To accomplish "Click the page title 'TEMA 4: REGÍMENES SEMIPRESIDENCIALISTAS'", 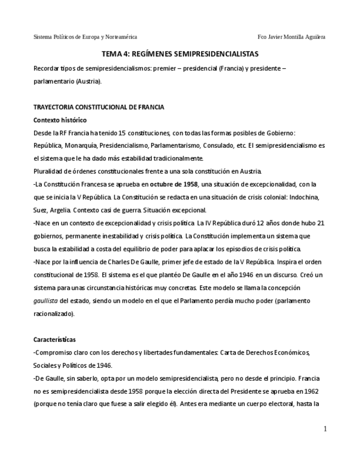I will (x=180, y=54).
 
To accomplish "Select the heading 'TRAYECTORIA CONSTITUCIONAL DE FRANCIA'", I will (x=98, y=107).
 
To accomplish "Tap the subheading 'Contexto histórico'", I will (x=60, y=120).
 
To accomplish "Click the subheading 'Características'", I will (x=54, y=340).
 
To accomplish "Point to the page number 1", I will (x=325, y=429).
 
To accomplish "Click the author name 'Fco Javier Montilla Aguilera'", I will (x=291, y=37).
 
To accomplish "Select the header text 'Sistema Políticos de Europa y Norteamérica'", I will (x=85, y=37).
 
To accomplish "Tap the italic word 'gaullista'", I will (x=46, y=301).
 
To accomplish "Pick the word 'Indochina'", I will (x=304, y=197).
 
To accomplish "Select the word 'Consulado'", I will (x=218, y=146).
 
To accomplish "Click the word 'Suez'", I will (x=40, y=210).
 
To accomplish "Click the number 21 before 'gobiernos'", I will (x=321, y=223).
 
